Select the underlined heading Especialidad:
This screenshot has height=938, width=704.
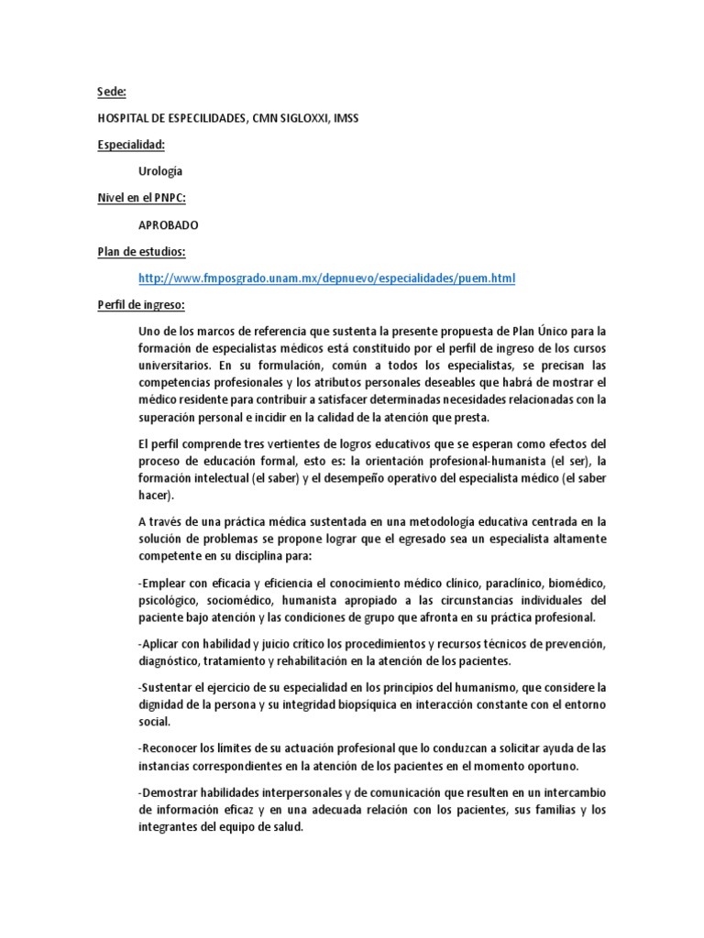pos(131,145)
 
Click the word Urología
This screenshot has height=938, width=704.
pos(160,171)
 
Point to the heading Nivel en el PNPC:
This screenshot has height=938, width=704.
pos(141,198)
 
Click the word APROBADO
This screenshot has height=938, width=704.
pos(169,224)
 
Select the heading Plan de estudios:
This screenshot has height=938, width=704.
pos(141,251)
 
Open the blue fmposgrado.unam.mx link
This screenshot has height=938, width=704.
pos(327,278)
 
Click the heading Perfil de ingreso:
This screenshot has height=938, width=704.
pos(141,304)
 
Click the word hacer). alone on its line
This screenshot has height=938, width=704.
pos(154,496)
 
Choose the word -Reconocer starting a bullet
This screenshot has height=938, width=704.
pos(170,747)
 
